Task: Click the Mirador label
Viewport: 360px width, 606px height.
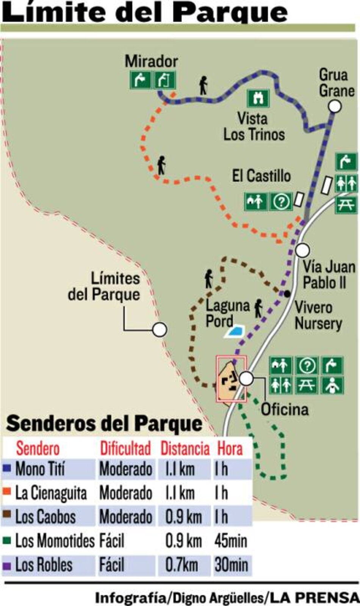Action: coord(151,61)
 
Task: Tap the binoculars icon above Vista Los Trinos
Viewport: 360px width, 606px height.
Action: coord(258,98)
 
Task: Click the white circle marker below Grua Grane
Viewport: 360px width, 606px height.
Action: coord(334,107)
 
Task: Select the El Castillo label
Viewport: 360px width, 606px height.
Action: coord(261,176)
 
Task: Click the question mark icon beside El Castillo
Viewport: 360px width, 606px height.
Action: coord(281,201)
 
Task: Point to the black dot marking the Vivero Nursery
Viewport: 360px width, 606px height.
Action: coord(287,293)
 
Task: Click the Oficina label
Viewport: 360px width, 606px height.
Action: coord(285,409)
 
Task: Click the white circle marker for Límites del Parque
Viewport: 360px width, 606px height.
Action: coord(160,330)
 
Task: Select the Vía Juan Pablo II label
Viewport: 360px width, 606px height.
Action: coord(329,275)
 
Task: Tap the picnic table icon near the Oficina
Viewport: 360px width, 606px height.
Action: coord(307,386)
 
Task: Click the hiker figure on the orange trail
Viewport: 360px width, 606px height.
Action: coord(162,166)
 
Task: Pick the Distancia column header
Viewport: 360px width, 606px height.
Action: coord(185,448)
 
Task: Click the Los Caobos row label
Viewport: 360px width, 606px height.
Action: coord(45,517)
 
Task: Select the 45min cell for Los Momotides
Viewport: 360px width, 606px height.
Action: coord(230,541)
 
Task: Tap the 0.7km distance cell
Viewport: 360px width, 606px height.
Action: coord(182,565)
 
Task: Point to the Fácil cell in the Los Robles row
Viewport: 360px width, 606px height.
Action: coord(112,565)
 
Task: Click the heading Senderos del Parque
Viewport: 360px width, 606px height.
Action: coord(104,424)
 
